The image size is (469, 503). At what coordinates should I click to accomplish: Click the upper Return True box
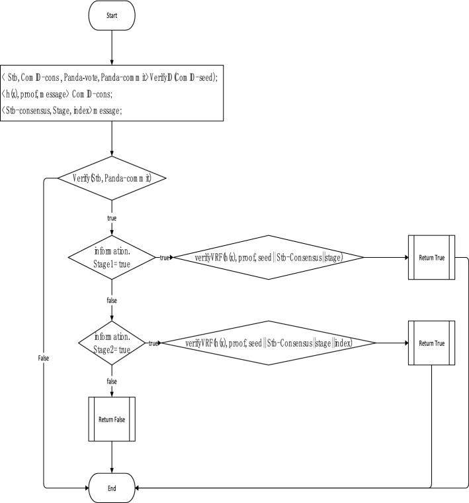click(x=431, y=257)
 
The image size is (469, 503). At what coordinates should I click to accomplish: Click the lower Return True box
click(x=431, y=343)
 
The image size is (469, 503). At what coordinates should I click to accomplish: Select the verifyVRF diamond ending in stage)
click(x=269, y=257)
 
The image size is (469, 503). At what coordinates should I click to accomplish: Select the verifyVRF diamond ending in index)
click(x=269, y=343)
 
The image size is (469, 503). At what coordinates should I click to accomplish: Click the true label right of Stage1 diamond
click(x=163, y=257)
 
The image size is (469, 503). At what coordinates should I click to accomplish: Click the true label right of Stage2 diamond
click(x=153, y=343)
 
